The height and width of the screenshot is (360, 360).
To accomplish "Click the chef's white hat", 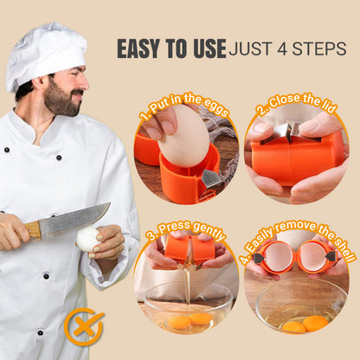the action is (x=45, y=56).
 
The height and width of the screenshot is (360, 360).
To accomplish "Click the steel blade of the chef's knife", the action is (x=74, y=218).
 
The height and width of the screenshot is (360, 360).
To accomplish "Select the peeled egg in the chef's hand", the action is (x=87, y=239).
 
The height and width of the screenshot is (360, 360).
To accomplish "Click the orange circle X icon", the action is (x=84, y=326).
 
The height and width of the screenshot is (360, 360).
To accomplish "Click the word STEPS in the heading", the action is (x=319, y=49).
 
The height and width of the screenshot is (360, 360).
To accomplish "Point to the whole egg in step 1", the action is (x=183, y=135).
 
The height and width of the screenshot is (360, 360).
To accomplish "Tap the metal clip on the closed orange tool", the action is (x=291, y=132).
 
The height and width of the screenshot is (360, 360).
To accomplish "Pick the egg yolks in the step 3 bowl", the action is (x=190, y=319).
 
